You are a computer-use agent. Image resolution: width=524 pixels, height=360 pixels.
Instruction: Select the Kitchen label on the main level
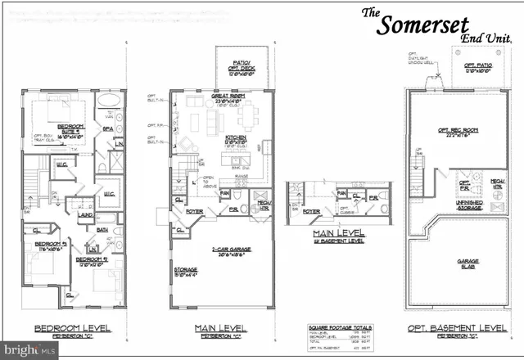click(x=237, y=138)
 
